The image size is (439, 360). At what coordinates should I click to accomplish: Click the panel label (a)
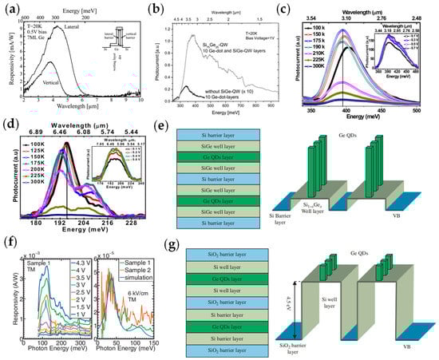click(10, 9)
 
